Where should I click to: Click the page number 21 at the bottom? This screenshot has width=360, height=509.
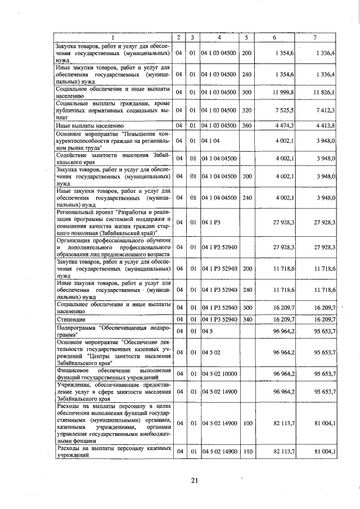click(195, 480)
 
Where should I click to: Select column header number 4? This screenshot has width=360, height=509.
click(218, 37)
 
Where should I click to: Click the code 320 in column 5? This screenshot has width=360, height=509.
click(246, 111)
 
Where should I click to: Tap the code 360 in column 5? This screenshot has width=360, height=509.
click(246, 125)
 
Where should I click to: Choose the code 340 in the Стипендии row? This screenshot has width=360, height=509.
click(246, 319)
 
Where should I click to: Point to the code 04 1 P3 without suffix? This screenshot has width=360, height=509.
click(211, 223)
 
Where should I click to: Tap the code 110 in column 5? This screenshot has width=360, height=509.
click(246, 451)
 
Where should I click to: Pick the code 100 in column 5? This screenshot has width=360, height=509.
click(246, 422)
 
